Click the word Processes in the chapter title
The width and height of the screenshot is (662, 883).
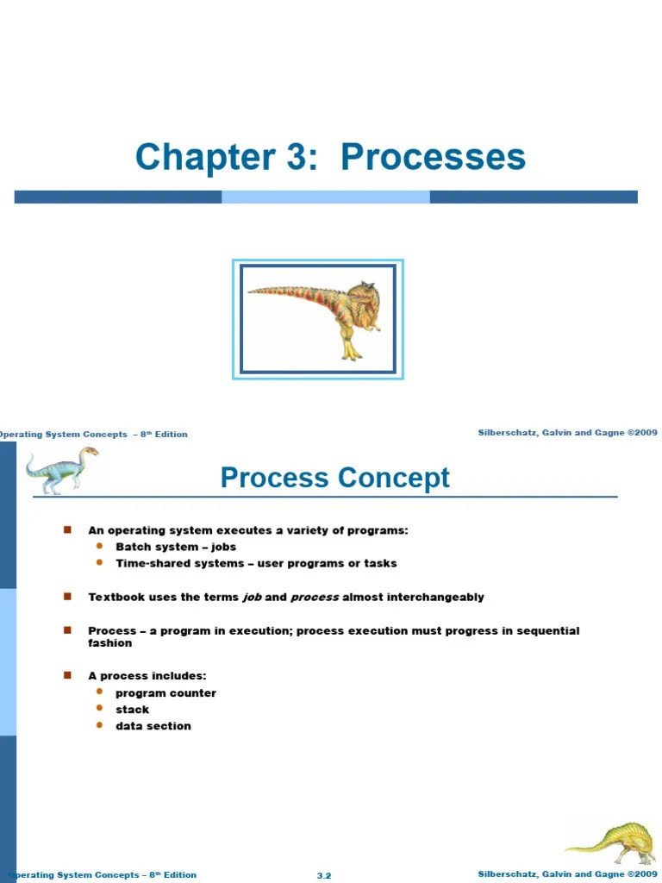[433, 158]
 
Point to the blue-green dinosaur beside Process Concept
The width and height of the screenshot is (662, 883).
[60, 470]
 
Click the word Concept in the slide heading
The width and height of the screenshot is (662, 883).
[400, 478]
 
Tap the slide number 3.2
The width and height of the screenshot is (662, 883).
[324, 875]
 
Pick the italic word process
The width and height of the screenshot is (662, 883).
[315, 598]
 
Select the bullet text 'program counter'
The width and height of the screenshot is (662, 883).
[165, 693]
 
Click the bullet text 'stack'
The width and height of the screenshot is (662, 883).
[132, 710]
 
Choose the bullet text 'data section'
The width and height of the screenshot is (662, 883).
[153, 726]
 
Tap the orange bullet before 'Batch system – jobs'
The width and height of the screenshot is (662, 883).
[99, 547]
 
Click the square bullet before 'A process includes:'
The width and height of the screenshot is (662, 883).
[67, 675]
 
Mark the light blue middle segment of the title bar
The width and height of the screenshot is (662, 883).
[325, 197]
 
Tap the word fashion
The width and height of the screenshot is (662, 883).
[109, 643]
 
